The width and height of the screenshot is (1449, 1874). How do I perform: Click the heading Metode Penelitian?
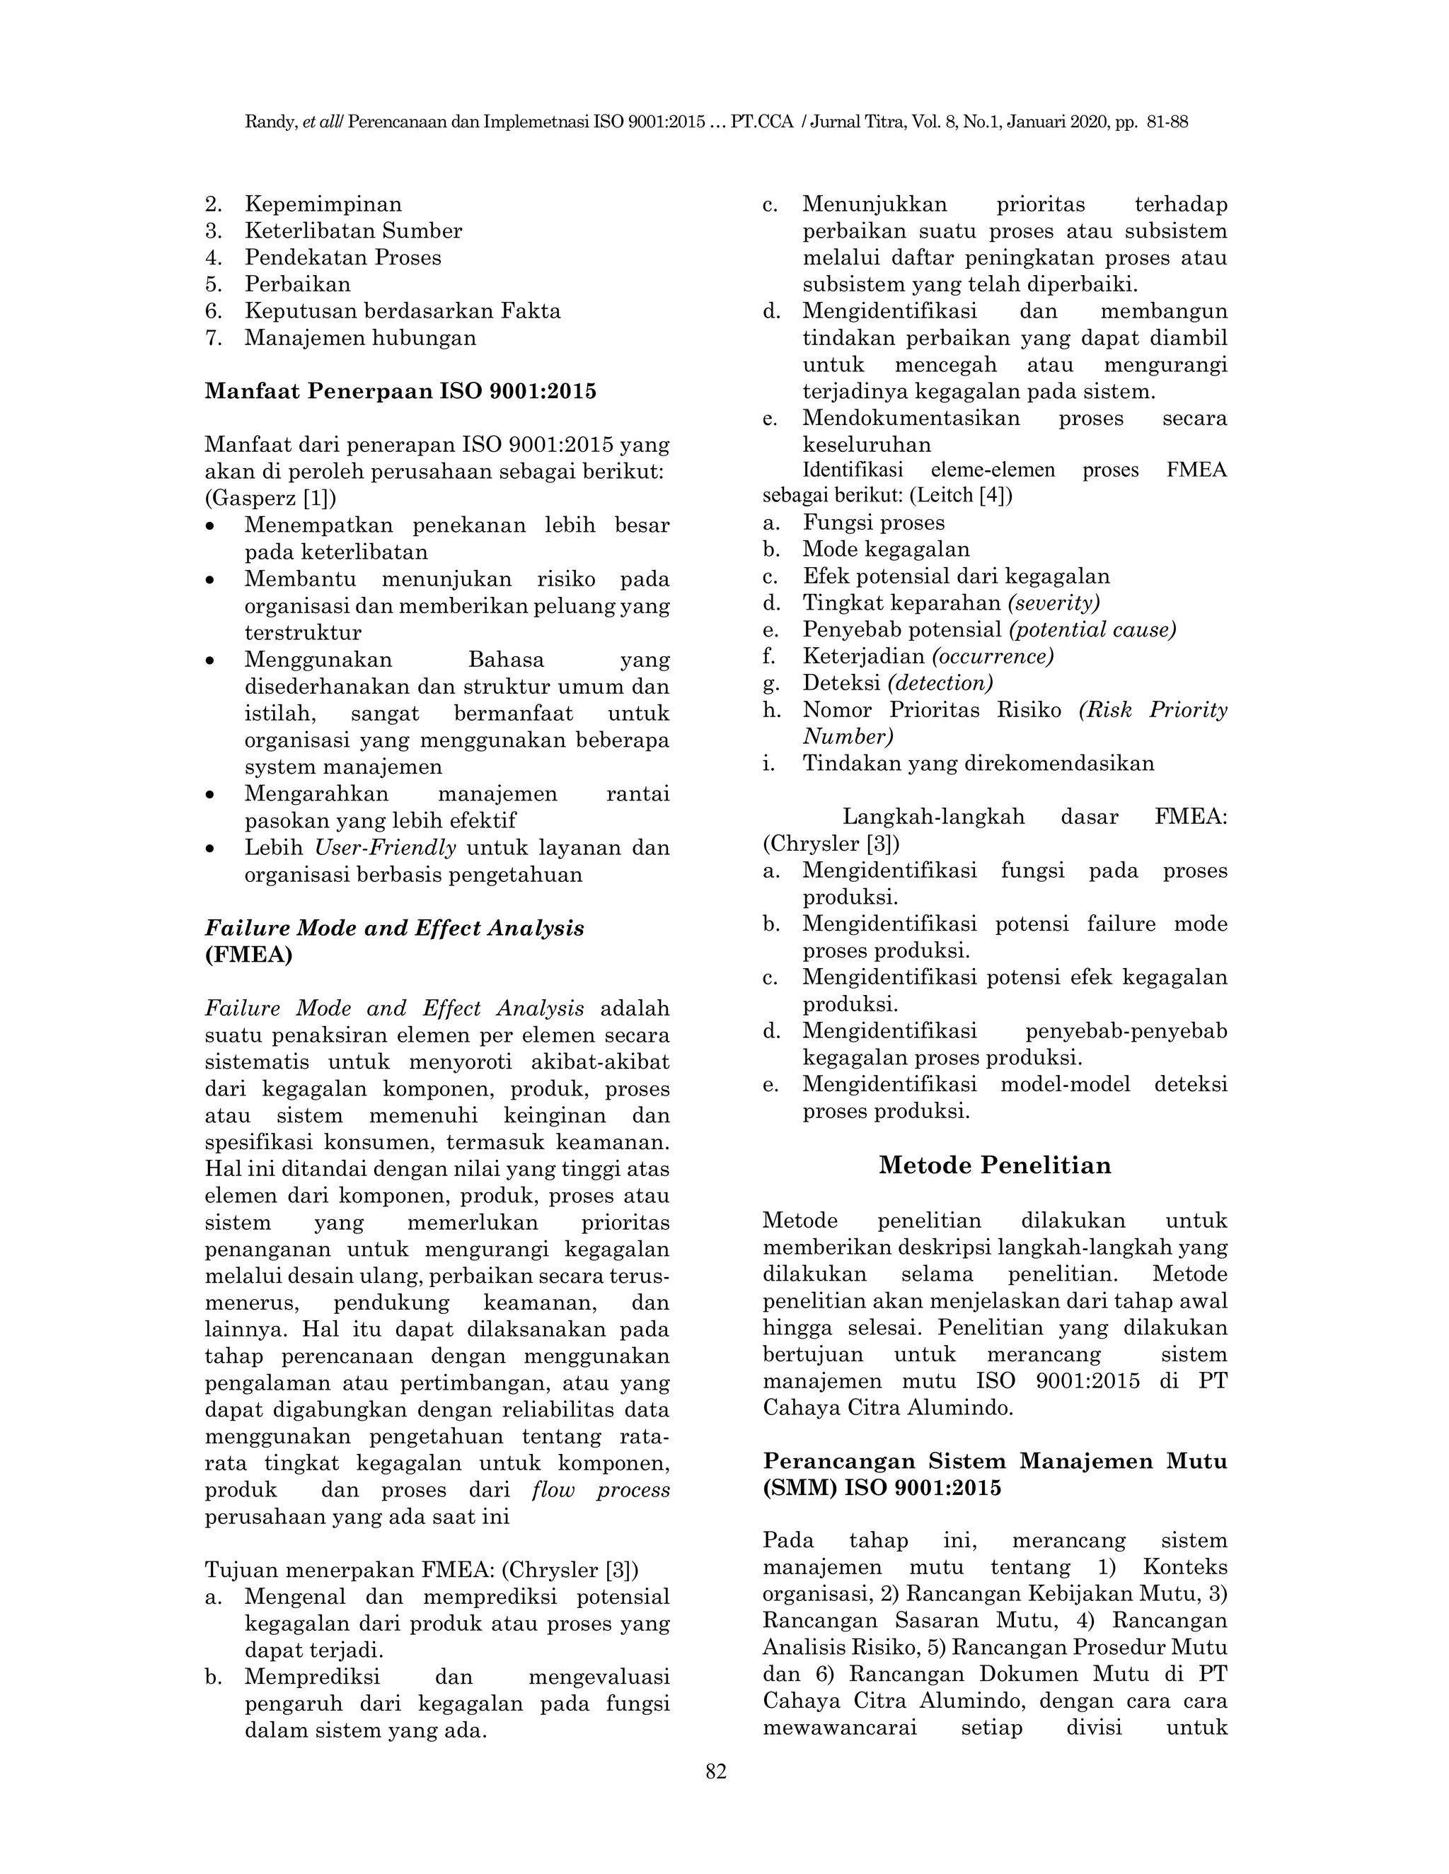click(x=994, y=1165)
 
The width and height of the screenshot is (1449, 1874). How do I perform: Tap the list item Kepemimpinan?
click(x=323, y=204)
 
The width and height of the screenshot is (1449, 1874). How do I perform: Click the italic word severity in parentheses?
click(x=1053, y=603)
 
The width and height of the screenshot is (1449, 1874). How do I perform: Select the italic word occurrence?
click(x=993, y=656)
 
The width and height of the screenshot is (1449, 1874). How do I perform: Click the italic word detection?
click(x=940, y=683)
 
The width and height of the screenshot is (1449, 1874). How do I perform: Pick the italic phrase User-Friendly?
click(x=386, y=847)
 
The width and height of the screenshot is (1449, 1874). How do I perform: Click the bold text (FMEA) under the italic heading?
click(x=248, y=954)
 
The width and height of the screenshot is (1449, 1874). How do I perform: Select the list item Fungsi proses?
click(x=873, y=523)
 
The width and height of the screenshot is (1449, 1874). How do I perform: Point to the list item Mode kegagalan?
click(x=886, y=549)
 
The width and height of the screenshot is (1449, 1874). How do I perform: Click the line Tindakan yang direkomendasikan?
click(x=978, y=763)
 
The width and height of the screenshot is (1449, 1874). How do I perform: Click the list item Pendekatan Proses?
click(x=342, y=257)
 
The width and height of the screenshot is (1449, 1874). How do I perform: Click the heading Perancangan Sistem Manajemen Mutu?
click(x=994, y=1460)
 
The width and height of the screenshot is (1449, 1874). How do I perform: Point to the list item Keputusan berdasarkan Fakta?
click(x=402, y=310)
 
